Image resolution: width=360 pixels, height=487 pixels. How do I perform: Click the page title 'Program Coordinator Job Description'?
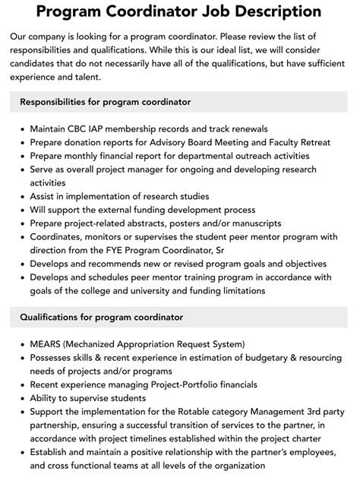click(x=179, y=11)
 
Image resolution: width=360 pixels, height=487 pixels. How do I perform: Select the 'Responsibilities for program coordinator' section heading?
click(x=106, y=101)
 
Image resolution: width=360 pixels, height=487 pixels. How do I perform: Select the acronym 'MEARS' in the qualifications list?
click(x=47, y=344)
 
